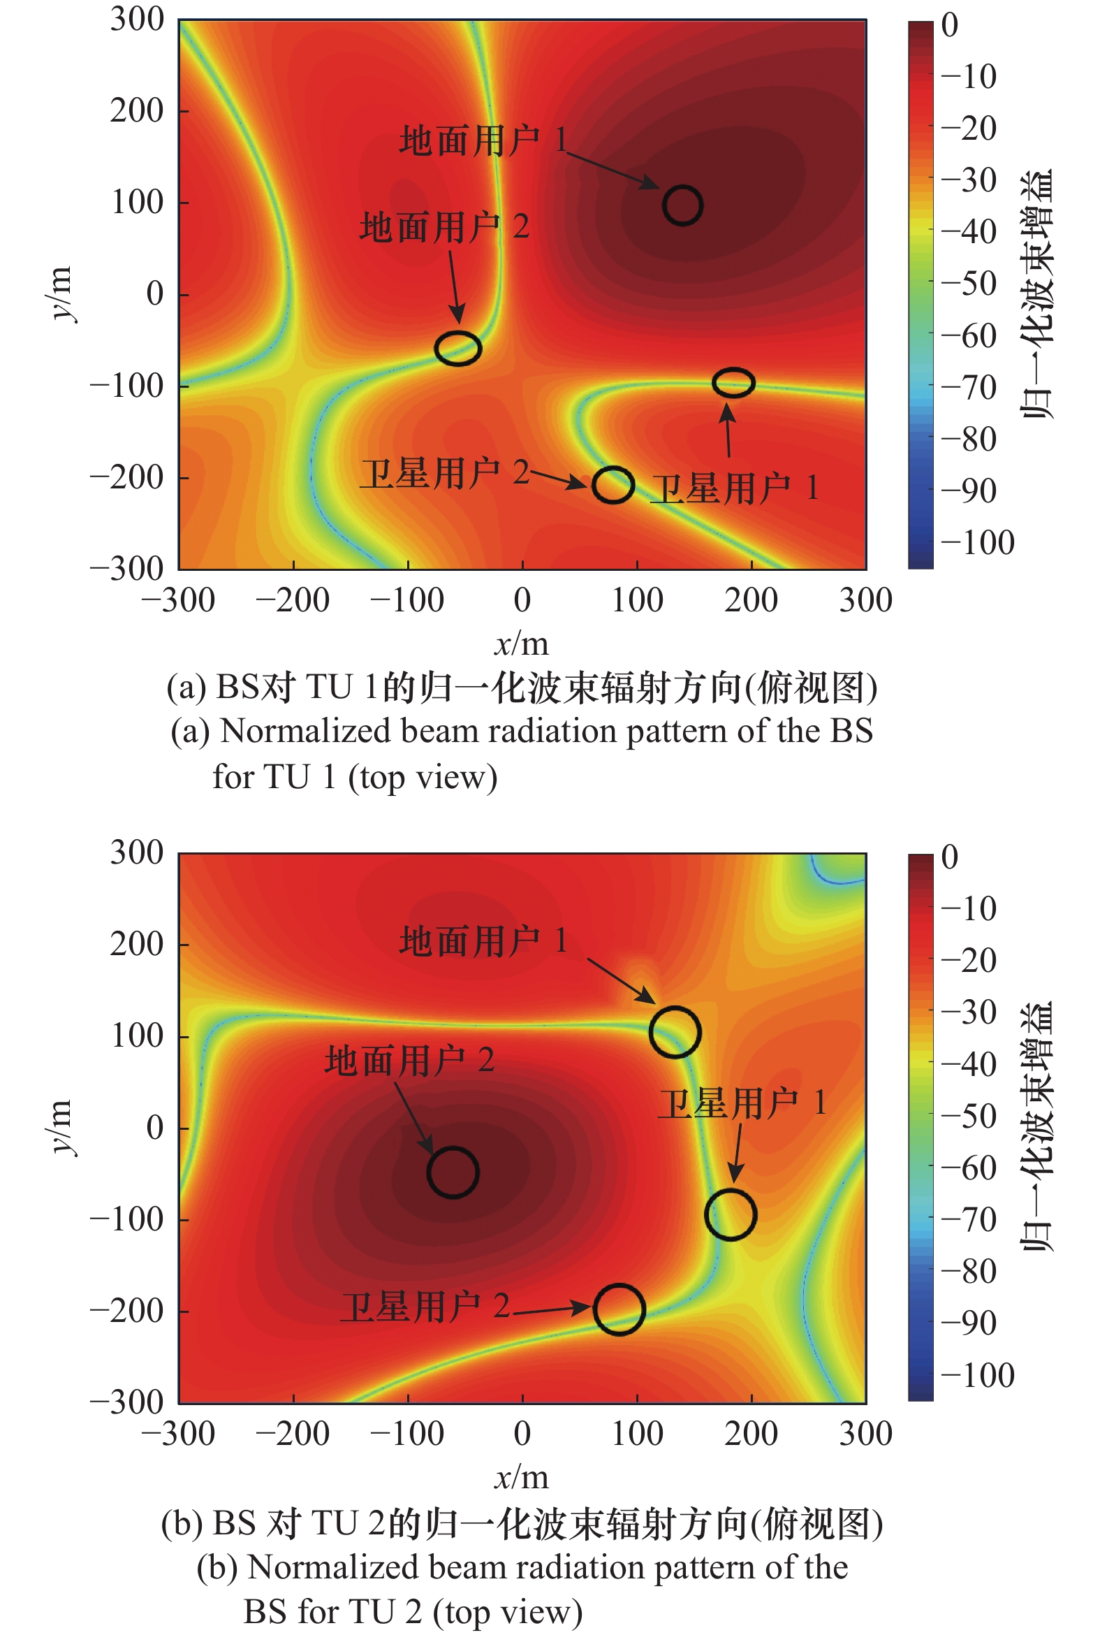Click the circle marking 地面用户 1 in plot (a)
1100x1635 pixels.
pos(682,205)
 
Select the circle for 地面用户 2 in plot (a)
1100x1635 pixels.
pos(458,348)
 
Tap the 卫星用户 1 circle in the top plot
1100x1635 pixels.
pos(733,382)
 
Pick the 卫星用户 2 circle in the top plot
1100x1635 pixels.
pos(613,484)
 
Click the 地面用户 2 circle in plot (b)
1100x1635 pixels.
pos(453,1172)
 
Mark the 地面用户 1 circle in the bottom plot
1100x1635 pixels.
pos(675,1031)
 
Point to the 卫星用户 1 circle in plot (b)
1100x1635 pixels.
pos(731,1214)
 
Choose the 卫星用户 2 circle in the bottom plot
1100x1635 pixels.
pos(619,1309)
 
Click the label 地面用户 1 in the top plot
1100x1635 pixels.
pos(483,140)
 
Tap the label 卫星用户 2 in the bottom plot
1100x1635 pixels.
pos(425,1307)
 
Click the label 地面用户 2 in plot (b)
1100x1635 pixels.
pos(409,1060)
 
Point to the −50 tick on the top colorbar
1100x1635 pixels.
pos(969,284)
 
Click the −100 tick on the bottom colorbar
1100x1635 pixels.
pos(977,1374)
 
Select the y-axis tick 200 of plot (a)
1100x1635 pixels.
pos(137,111)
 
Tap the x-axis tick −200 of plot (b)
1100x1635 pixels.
pos(293,1434)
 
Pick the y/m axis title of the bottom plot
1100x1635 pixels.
pos(60,1127)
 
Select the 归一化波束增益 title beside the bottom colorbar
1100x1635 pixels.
pos(1038,1127)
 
